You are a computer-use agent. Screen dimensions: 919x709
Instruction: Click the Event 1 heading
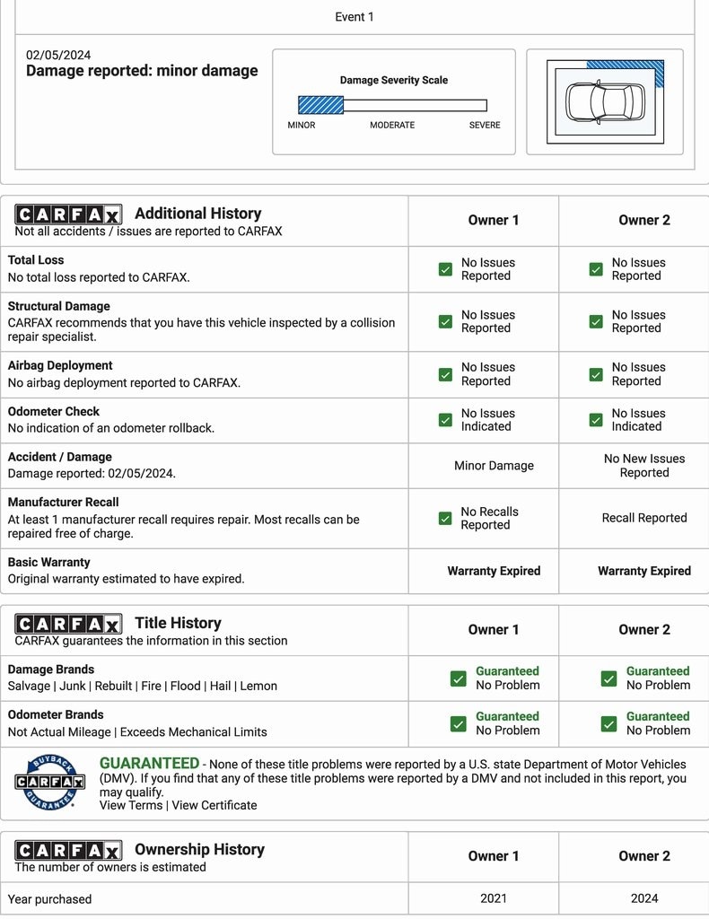pyautogui.click(x=354, y=17)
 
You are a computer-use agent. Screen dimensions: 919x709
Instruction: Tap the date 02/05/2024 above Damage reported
pyautogui.click(x=58, y=55)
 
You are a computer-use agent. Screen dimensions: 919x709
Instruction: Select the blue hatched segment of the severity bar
pyautogui.click(x=320, y=105)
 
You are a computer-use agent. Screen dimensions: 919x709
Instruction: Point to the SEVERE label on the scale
pyautogui.click(x=485, y=126)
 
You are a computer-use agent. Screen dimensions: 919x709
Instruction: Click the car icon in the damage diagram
pyautogui.click(x=606, y=101)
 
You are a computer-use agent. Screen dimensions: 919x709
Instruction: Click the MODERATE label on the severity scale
pyautogui.click(x=392, y=126)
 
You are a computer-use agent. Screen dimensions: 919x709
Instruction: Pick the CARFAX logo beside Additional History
pyautogui.click(x=68, y=214)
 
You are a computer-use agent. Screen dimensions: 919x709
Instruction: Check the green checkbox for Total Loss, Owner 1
pyautogui.click(x=445, y=269)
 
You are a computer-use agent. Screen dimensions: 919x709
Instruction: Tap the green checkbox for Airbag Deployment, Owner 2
pyautogui.click(x=596, y=374)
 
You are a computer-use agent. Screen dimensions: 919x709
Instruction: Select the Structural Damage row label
pyautogui.click(x=59, y=306)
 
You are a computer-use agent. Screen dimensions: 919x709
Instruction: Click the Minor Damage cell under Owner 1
pyautogui.click(x=494, y=466)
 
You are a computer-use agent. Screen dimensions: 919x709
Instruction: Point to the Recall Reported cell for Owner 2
pyautogui.click(x=644, y=518)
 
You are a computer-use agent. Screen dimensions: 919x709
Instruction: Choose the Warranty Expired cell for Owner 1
pyautogui.click(x=494, y=571)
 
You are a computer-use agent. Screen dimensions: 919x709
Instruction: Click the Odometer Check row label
pyautogui.click(x=54, y=412)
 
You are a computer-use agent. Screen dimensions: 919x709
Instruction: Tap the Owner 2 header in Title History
pyautogui.click(x=644, y=630)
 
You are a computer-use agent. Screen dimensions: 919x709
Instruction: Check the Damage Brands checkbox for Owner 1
pyautogui.click(x=459, y=678)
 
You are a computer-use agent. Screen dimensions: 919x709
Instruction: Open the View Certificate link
pyautogui.click(x=214, y=805)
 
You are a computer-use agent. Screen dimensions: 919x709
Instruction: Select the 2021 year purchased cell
pyautogui.click(x=494, y=898)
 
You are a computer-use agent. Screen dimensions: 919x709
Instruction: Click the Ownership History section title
pyautogui.click(x=199, y=849)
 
